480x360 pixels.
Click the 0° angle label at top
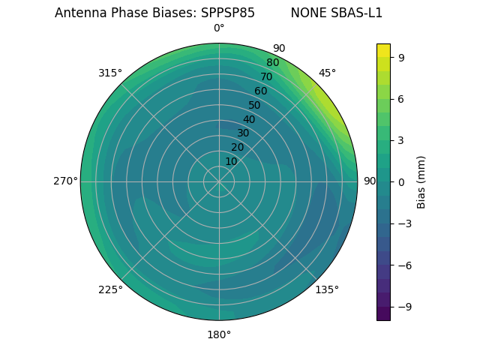tap(219, 28)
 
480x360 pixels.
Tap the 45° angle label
tap(327, 73)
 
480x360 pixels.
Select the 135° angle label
tap(327, 289)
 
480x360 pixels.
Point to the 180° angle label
tap(219, 334)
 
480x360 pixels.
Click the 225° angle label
tap(110, 289)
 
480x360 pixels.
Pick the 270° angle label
tap(65, 181)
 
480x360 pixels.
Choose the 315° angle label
tap(110, 73)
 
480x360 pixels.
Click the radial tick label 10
tap(231, 161)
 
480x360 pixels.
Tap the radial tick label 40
tap(249, 119)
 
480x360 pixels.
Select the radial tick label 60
tap(261, 91)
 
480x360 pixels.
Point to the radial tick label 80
tap(273, 63)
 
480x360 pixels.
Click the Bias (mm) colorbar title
tap(422, 181)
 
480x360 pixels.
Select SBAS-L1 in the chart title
tap(358, 13)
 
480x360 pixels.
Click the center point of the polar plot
tap(219, 181)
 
